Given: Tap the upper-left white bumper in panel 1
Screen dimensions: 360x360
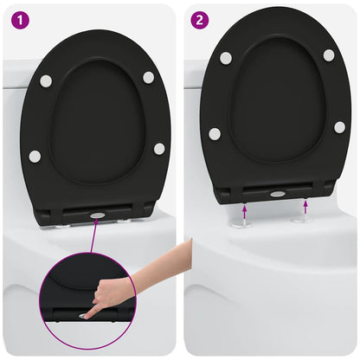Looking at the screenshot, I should [46, 80].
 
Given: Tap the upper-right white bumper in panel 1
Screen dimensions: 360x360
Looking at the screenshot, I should [149, 77].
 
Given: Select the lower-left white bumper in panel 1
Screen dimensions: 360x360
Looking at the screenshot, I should [35, 157].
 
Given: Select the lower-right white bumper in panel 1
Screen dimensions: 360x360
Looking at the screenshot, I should [159, 149].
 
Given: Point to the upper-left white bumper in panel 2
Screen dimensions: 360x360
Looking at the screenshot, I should [226, 58].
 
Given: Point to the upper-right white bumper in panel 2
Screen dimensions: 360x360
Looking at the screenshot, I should [329, 55].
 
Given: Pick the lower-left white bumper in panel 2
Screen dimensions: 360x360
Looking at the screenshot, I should [215, 134].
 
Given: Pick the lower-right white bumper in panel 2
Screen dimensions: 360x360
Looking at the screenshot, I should [339, 126].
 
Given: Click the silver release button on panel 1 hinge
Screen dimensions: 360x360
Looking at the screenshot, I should [97, 214].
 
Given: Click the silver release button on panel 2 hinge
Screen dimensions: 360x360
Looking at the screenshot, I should [277, 194].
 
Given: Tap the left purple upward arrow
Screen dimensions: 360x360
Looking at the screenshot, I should [245, 209].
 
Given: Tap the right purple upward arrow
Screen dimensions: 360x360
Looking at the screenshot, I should [307, 207].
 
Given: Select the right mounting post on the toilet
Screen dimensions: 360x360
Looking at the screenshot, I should [304, 218].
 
